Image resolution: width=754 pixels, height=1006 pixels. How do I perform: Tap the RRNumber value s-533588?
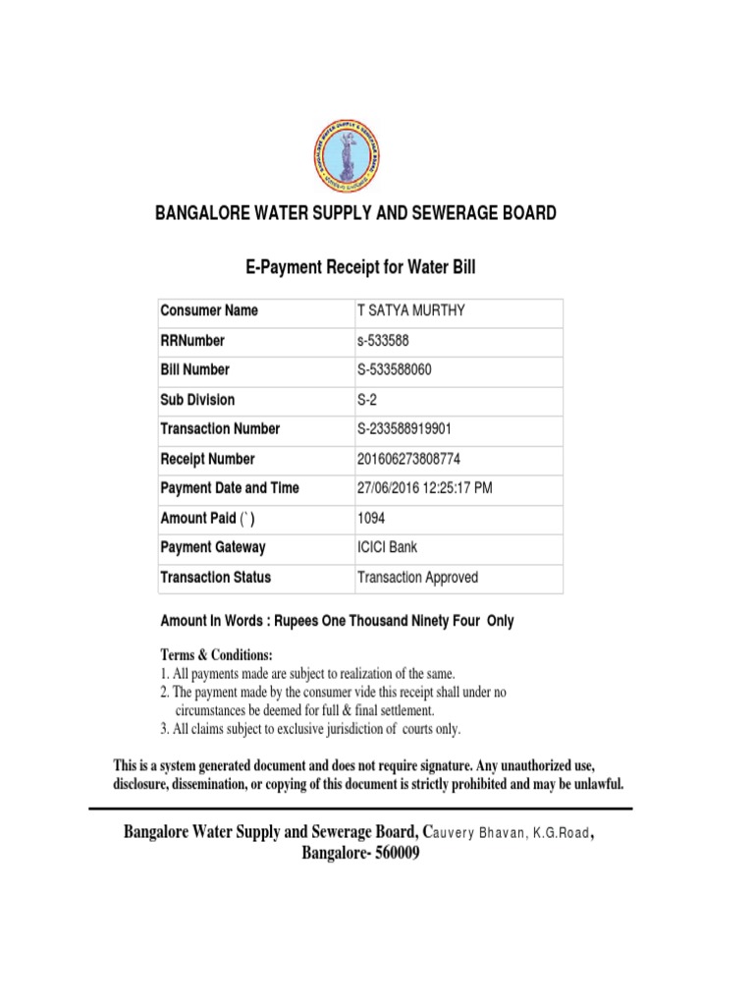point(384,340)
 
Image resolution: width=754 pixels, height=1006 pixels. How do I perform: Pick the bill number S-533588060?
point(394,369)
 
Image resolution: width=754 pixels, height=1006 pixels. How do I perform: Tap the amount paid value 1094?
point(373,518)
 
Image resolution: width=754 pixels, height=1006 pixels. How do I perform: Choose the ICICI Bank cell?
point(387,547)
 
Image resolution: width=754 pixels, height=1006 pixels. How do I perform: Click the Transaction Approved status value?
point(417,578)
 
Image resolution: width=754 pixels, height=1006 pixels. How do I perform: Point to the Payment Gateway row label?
point(212,547)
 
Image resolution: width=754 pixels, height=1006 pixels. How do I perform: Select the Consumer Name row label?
point(208,310)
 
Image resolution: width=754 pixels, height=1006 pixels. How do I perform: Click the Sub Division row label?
point(197,400)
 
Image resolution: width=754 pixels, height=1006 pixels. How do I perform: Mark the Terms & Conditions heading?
point(217,655)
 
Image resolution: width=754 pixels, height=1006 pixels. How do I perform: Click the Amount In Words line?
point(337,622)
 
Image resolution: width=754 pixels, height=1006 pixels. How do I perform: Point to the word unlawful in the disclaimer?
point(592,785)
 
